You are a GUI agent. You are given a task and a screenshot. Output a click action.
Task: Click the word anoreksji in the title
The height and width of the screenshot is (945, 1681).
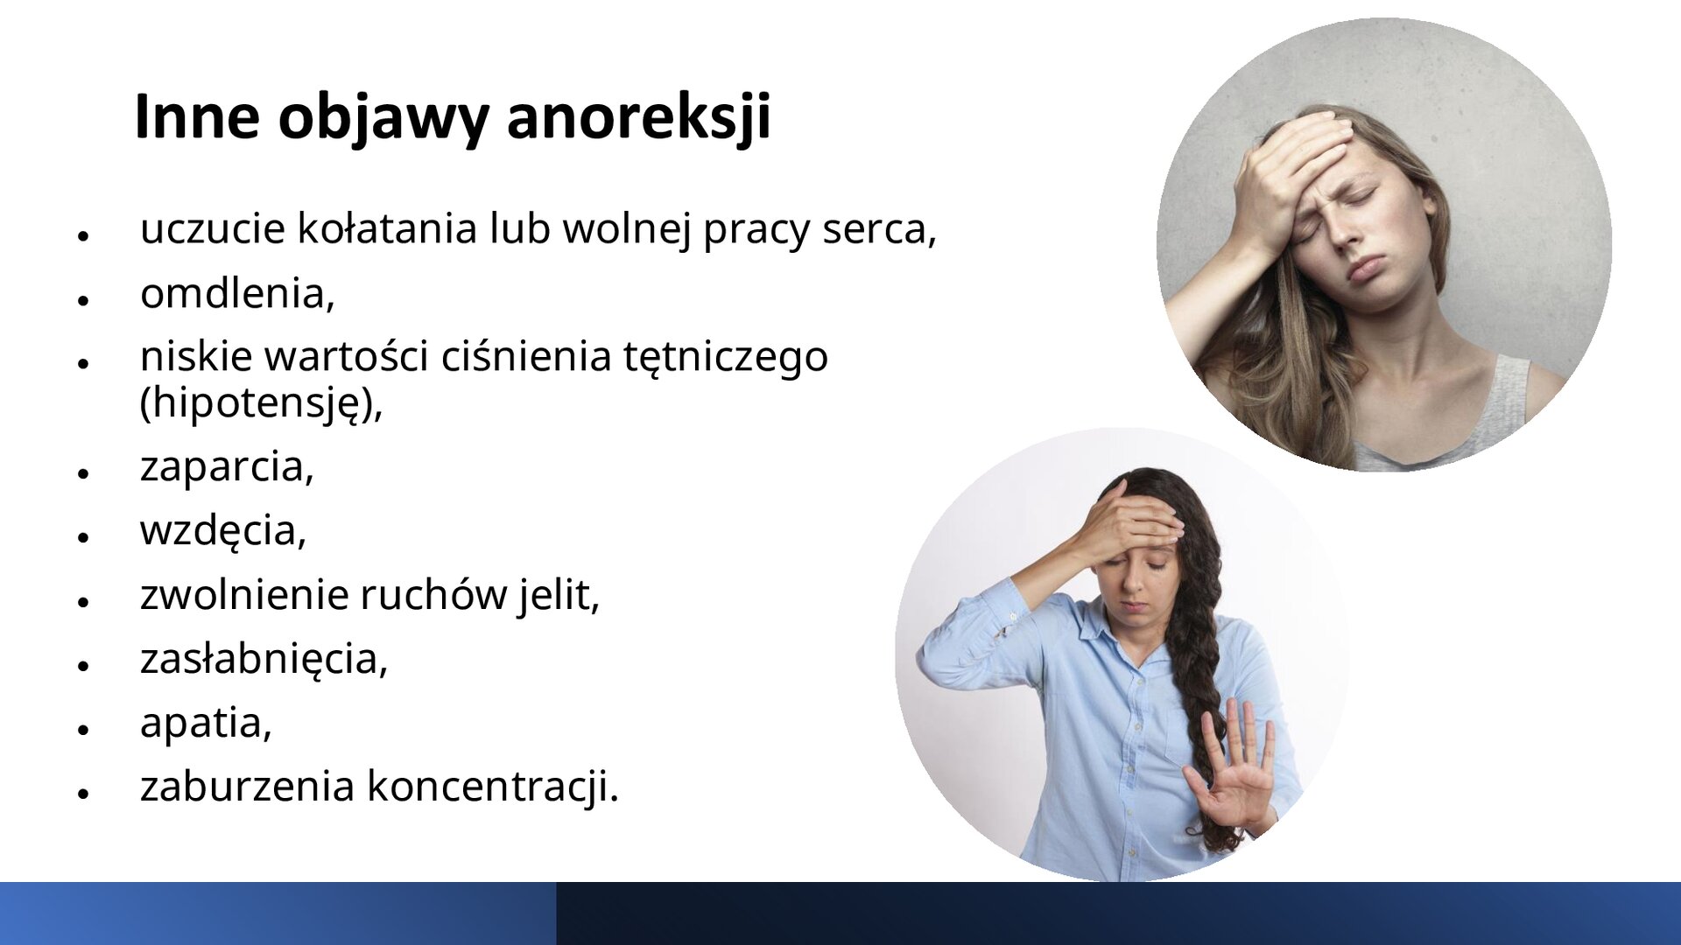(638, 116)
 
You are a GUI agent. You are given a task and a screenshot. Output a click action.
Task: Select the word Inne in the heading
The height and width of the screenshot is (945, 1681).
(197, 116)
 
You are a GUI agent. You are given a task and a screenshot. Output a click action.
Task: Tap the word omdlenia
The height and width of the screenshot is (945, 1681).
(236, 293)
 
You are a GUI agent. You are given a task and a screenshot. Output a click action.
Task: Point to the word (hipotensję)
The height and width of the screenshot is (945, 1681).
(260, 403)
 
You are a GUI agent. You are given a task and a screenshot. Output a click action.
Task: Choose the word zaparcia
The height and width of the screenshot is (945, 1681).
(226, 466)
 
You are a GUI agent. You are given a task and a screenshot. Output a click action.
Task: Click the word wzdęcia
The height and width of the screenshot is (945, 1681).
(222, 530)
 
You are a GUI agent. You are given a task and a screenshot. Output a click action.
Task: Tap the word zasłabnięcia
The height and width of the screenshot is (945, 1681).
(263, 659)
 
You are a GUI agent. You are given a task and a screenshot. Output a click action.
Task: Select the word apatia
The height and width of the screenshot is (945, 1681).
(206, 723)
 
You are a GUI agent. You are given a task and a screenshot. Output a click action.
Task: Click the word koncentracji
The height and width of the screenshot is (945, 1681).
(492, 786)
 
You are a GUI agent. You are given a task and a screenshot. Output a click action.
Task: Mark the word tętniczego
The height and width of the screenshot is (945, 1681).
(725, 357)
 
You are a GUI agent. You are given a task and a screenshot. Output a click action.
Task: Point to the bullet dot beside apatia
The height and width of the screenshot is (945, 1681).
(84, 729)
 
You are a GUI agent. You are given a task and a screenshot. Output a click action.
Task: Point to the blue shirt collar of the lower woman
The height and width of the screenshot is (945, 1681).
(1094, 617)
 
